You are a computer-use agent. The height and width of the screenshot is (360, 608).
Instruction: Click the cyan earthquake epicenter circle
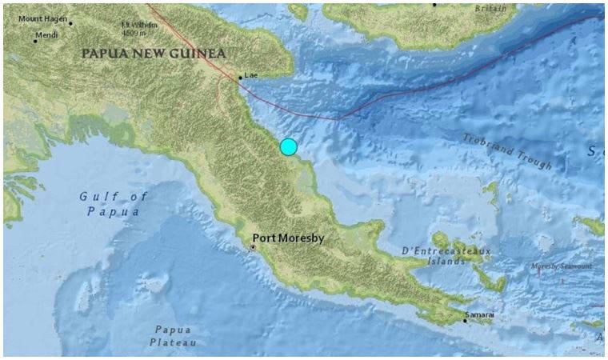[289, 146]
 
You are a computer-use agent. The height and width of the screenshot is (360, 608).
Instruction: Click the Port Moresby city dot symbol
[253, 248]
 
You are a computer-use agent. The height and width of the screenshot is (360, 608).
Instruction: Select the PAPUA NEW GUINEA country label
[154, 53]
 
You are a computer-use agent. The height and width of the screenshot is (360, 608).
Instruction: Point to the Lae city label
[251, 75]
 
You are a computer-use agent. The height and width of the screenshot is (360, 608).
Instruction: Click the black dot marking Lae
[240, 78]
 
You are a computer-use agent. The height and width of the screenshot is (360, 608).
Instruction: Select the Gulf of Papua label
[110, 204]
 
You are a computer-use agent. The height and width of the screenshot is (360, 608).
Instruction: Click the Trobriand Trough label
[507, 151]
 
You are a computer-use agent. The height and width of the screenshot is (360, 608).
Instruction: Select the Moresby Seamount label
[563, 266]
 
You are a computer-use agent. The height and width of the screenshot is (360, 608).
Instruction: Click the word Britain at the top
[490, 8]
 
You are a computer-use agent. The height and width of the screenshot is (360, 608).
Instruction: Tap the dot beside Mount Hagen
[70, 23]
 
